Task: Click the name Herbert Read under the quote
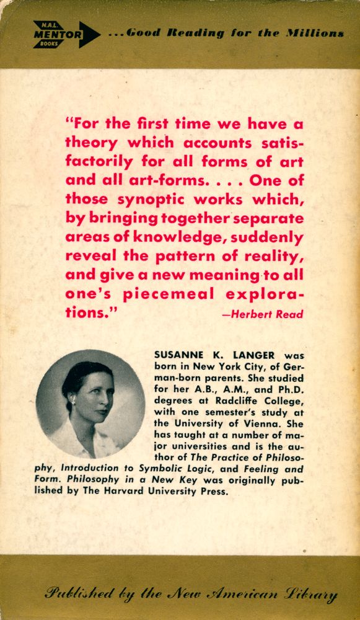point(263,314)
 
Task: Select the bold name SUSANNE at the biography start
point(178,356)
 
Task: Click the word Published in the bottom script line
point(79,594)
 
